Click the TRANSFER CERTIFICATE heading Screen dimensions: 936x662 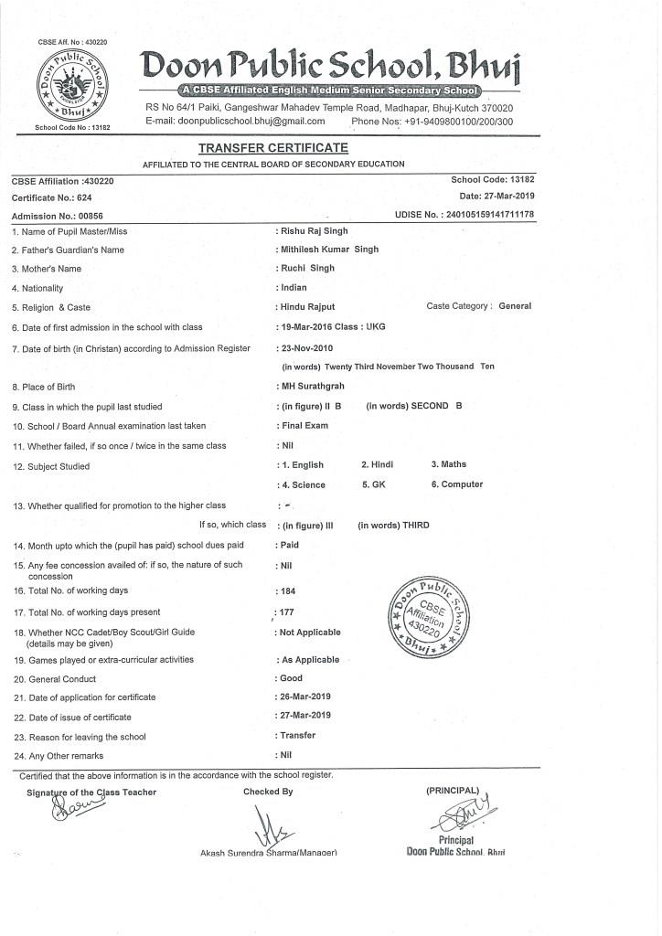(272, 148)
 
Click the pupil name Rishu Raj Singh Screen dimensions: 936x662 (314, 231)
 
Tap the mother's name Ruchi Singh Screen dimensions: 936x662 (308, 269)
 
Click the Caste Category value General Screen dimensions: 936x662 (515, 306)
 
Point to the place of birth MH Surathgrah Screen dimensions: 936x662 (312, 387)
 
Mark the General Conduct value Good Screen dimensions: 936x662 (291, 678)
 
